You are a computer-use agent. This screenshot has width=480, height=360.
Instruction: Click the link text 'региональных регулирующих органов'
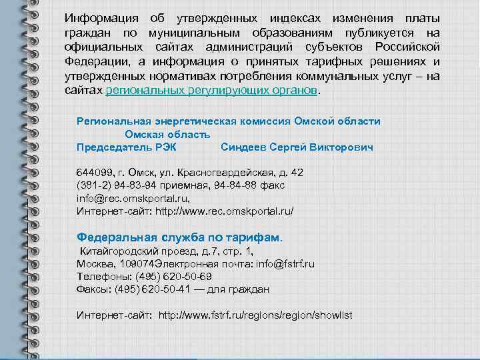click(212, 89)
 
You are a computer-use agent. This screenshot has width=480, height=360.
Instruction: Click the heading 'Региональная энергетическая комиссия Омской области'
click(229, 121)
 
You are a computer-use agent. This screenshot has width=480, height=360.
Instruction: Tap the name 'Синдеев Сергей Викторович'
click(297, 147)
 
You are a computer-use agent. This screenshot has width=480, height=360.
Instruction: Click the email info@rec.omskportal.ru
click(133, 198)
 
